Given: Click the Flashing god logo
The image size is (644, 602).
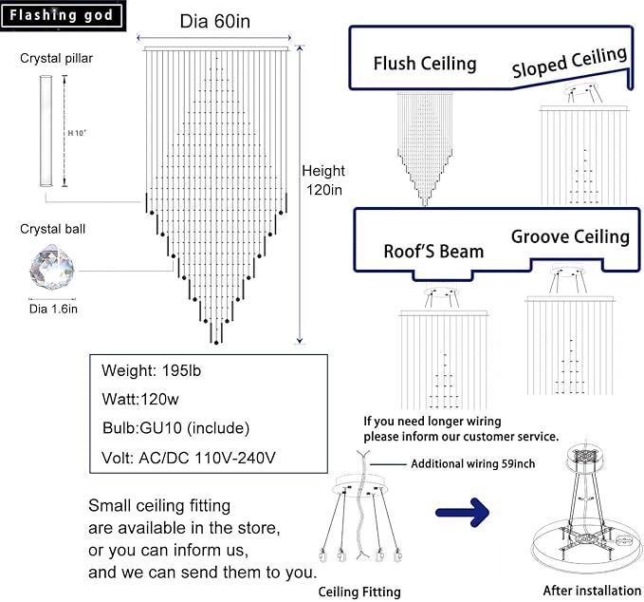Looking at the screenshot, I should tap(63, 15).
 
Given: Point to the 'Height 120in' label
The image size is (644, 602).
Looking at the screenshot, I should tap(323, 179).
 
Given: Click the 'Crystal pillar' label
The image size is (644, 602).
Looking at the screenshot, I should tap(56, 58).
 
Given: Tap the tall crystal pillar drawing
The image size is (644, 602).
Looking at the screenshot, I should tap(46, 132).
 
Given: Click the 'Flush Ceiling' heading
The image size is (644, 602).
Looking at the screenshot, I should tap(424, 64).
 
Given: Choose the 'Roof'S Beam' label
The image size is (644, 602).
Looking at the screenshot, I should tap(433, 251).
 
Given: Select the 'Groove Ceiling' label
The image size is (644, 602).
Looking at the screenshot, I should tap(570, 236).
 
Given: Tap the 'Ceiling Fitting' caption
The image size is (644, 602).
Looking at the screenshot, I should tap(359, 592).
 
